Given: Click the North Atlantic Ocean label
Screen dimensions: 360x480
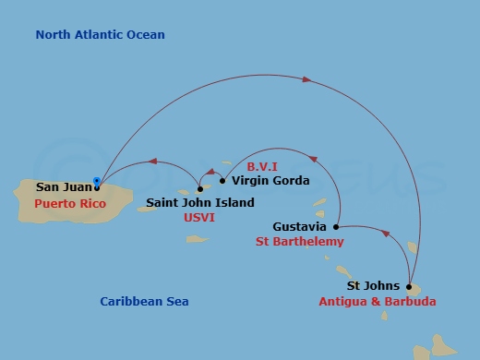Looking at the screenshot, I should pyautogui.click(x=100, y=35).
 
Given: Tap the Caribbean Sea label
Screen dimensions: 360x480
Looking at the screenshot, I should pyautogui.click(x=144, y=302).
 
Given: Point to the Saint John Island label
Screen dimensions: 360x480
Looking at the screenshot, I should pyautogui.click(x=200, y=203).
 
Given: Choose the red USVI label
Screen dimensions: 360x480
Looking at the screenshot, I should pyautogui.click(x=199, y=219).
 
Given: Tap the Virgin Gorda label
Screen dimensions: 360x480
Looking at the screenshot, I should pyautogui.click(x=270, y=181).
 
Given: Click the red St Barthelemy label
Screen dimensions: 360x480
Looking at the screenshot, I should pyautogui.click(x=299, y=242).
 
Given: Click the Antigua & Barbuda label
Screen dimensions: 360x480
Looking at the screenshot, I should pyautogui.click(x=377, y=302).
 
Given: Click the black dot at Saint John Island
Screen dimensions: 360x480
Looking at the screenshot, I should pyautogui.click(x=200, y=188).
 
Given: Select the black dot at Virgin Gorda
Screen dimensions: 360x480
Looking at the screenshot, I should pyautogui.click(x=222, y=180).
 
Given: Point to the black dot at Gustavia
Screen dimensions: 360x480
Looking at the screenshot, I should pyautogui.click(x=336, y=226).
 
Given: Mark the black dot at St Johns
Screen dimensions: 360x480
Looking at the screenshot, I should pyautogui.click(x=409, y=286).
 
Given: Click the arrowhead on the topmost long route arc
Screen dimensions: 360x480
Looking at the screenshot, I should pyautogui.click(x=306, y=80).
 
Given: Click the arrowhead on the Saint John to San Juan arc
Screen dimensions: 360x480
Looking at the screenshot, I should pyautogui.click(x=153, y=162).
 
